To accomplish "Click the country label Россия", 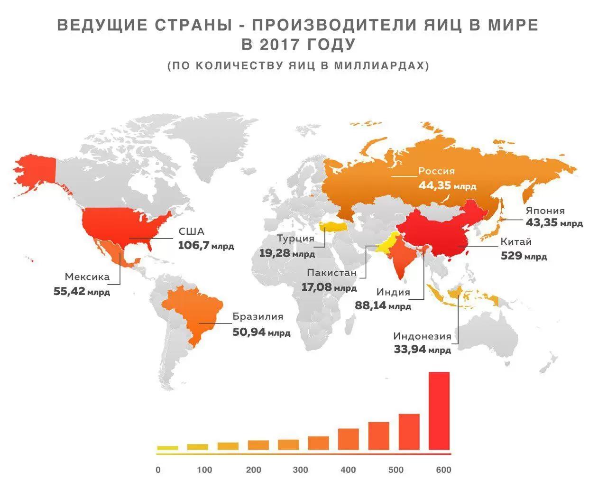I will tap(436, 171).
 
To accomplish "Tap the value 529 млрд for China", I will tap(524, 257).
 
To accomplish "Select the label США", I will tap(192, 232).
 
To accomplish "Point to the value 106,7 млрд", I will tap(206, 246).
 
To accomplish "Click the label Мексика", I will tap(87, 277).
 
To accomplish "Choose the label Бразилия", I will tap(258, 317).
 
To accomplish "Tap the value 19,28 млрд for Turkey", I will tap(286, 253).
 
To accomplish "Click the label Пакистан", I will tap(331, 273).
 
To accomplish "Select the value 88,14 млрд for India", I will tap(383, 306).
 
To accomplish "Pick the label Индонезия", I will tap(422, 336).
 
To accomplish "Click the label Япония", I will tap(545, 211).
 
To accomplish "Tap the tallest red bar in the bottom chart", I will tap(439, 411).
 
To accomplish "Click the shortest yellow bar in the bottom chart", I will tap(167, 448).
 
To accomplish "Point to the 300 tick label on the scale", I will tap(300, 470).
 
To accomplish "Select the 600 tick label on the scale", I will tap(443, 470).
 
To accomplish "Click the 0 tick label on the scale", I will tap(158, 470).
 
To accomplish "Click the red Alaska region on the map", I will tap(36, 171).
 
